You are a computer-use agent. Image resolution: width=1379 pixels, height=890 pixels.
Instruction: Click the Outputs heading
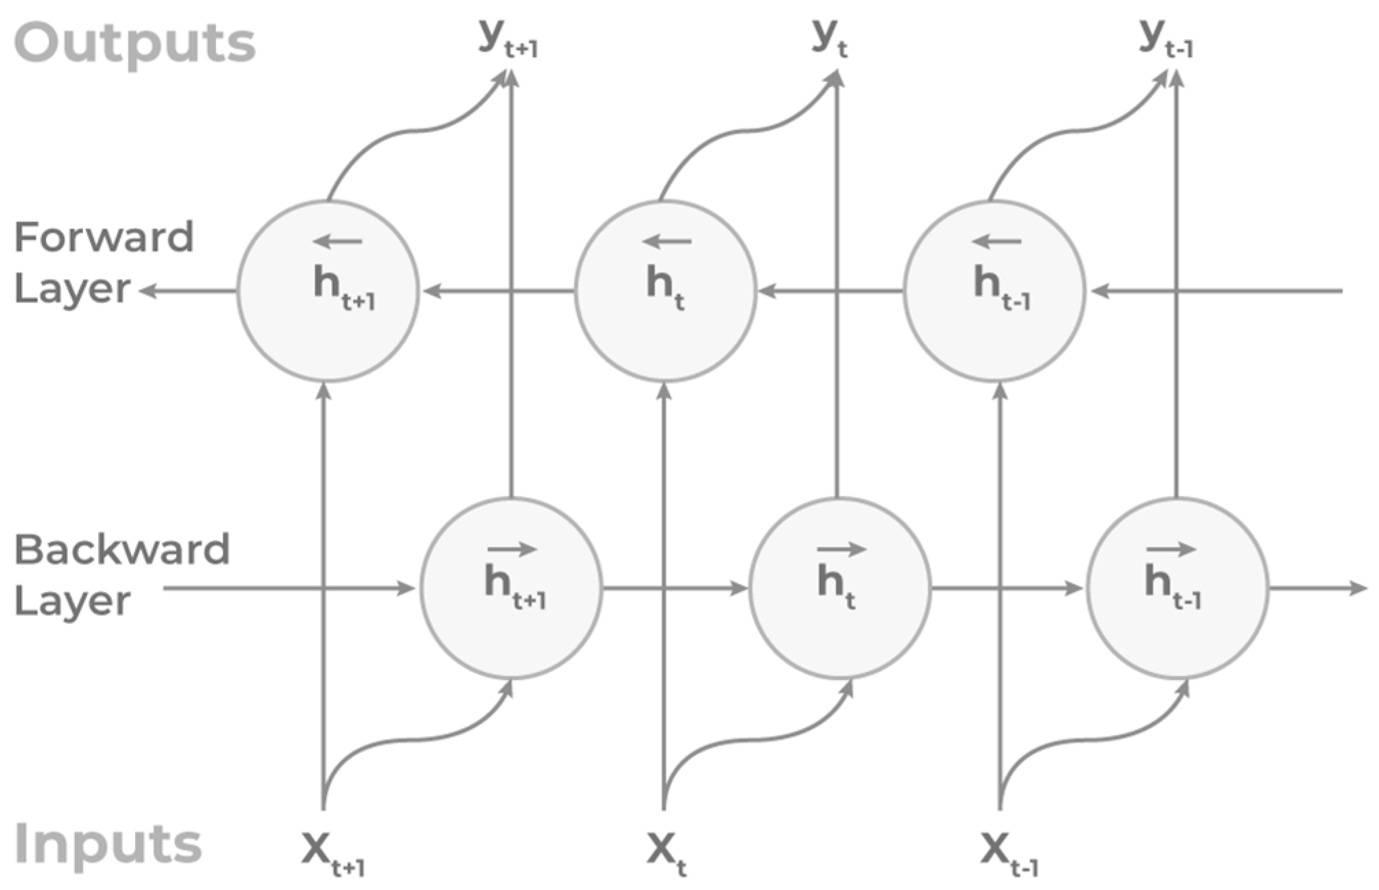pos(134,43)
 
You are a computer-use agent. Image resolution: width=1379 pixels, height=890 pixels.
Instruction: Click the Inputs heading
pos(108,844)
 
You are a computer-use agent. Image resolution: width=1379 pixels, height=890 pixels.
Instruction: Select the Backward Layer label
pos(121,575)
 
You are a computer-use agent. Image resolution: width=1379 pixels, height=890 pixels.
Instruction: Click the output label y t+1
pos(508,38)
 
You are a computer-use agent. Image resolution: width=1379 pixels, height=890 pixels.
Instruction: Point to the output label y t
pos(829,38)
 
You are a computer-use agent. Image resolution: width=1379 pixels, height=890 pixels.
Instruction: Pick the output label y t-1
pos(1166,38)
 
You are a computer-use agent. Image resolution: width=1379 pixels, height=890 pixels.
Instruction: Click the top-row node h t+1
pos(328,291)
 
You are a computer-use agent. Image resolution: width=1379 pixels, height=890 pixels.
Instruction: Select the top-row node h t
pos(665,291)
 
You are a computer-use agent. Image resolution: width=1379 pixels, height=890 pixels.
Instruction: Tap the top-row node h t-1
pos(994,291)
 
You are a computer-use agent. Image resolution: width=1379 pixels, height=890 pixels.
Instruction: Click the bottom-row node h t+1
pos(511,588)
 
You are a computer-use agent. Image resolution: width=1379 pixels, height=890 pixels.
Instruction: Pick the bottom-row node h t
pos(840,588)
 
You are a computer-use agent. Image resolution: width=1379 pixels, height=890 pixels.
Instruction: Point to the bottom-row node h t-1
pos(1177,588)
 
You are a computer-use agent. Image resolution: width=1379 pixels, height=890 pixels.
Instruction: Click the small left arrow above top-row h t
pos(667,241)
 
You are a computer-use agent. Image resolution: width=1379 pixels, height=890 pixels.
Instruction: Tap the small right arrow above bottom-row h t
pos(841,549)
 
